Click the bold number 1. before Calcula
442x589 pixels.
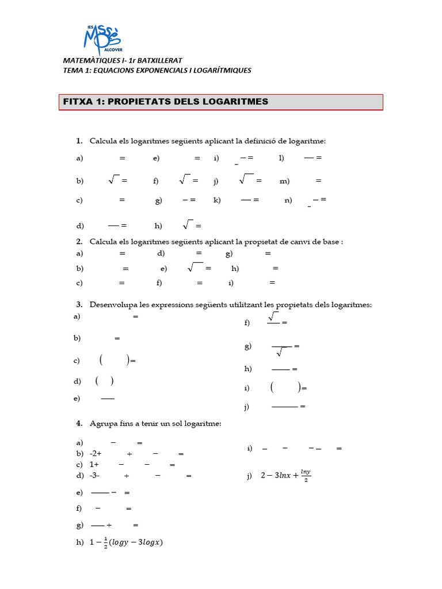tap(79, 141)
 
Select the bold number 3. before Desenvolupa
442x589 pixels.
tap(79, 304)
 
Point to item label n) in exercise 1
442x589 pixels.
tap(288, 200)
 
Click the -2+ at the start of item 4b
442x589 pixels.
tap(96, 454)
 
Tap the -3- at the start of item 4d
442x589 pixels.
tap(95, 476)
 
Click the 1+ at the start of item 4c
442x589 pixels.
tap(94, 465)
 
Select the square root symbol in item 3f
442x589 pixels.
tap(273, 316)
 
